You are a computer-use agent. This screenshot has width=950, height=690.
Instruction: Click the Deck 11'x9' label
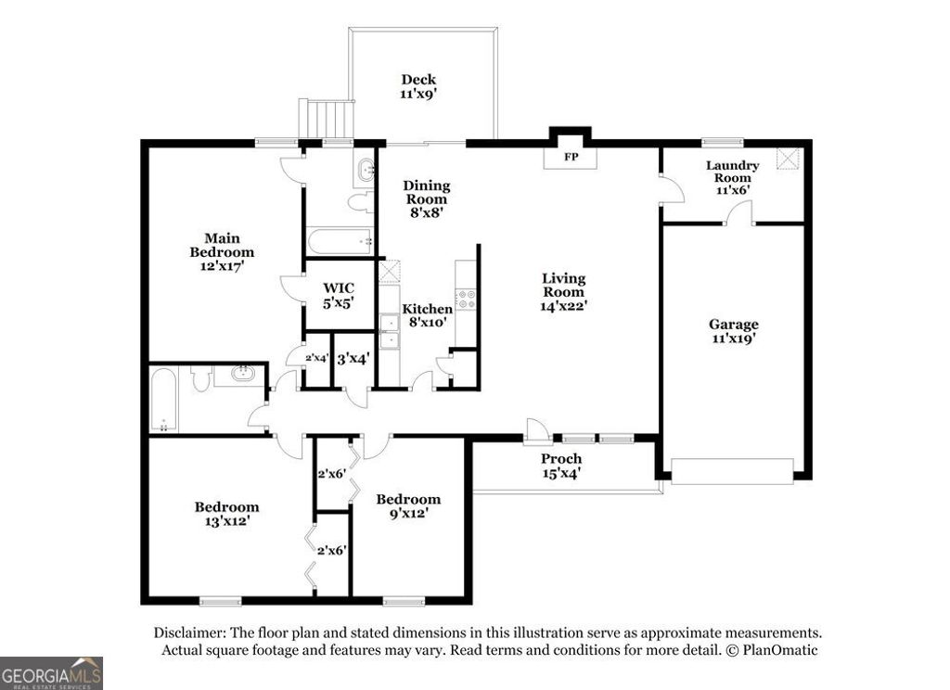click(x=418, y=86)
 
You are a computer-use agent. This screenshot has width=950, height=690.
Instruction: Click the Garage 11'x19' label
click(x=733, y=331)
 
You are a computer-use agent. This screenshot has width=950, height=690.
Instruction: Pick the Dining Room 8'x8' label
click(x=425, y=198)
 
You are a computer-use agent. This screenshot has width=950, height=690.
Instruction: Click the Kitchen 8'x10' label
click(x=427, y=315)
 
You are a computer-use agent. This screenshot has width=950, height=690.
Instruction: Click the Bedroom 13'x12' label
click(x=226, y=514)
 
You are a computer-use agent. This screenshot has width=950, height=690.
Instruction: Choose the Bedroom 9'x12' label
click(x=402, y=505)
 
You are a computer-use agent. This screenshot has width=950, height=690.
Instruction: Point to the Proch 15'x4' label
click(x=561, y=466)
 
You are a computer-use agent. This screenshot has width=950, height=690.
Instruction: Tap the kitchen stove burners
click(x=467, y=300)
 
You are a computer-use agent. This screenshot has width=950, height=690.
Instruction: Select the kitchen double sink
click(x=390, y=332)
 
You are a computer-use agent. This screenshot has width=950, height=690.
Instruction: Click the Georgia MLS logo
click(x=51, y=672)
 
